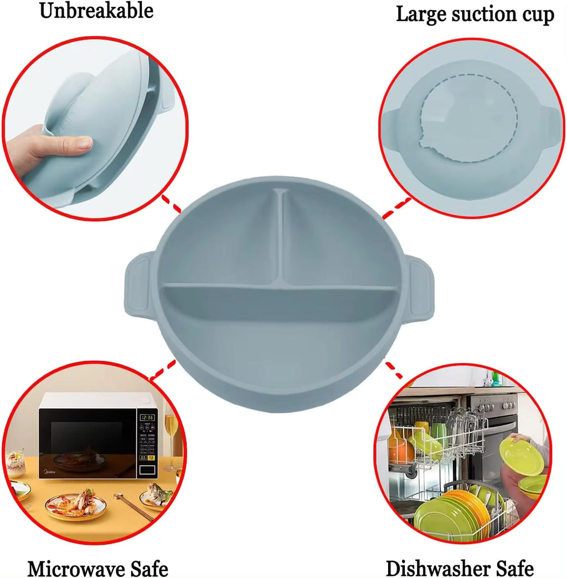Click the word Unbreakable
coord(96,11)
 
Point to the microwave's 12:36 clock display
coord(147,417)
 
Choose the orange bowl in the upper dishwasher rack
coord(400,448)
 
